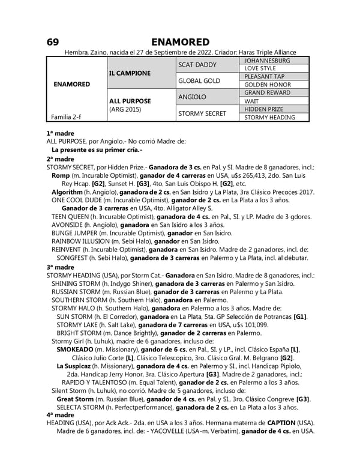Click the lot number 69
53,42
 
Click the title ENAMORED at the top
180,42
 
